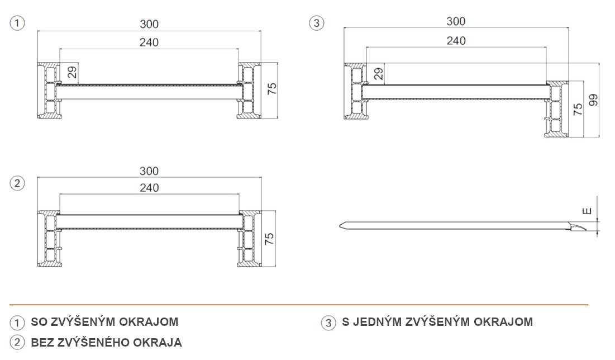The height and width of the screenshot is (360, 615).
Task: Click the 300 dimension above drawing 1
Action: pyautogui.click(x=149, y=25)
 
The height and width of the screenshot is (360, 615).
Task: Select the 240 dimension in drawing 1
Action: pyautogui.click(x=149, y=42)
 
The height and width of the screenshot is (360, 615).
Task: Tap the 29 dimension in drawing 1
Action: pyautogui.click(x=71, y=73)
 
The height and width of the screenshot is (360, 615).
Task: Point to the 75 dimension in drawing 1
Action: pyautogui.click(x=272, y=88)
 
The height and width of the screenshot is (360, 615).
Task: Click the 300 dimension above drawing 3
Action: pyautogui.click(x=456, y=21)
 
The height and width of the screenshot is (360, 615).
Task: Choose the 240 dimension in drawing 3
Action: pyautogui.click(x=456, y=40)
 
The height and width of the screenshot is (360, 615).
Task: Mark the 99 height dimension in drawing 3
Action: pyautogui.click(x=593, y=100)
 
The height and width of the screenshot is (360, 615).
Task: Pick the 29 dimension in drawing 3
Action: pyautogui.click(x=379, y=74)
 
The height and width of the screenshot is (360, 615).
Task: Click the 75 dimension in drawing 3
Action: pyautogui.click(x=578, y=109)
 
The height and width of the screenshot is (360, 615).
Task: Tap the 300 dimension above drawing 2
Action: pyautogui.click(x=149, y=171)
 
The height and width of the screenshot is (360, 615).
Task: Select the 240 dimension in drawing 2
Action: pyautogui.click(x=150, y=188)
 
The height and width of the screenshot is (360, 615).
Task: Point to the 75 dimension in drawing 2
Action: pyautogui.click(x=269, y=239)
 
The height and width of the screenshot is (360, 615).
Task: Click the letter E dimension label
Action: pyautogui.click(x=587, y=211)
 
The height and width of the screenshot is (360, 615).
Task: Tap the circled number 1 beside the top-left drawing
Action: pyautogui.click(x=17, y=23)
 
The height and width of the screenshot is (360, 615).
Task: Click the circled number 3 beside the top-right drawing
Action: pyautogui.click(x=317, y=23)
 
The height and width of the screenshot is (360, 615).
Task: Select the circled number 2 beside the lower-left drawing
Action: pyautogui.click(x=17, y=183)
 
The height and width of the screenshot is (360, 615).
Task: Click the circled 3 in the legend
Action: pyautogui.click(x=328, y=323)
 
